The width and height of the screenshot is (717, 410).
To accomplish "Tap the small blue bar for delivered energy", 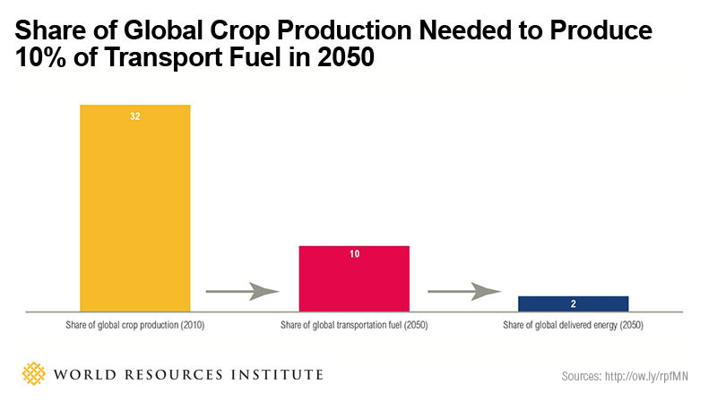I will pos(573,303).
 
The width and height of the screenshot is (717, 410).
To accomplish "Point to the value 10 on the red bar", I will pos(354,255).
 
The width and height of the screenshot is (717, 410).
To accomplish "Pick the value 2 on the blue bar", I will pos(573,303).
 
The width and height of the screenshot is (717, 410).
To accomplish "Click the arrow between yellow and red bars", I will pos(243,291).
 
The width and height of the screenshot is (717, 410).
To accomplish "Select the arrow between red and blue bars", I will pos(463,291).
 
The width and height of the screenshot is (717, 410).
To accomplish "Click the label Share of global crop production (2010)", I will pos(135,324).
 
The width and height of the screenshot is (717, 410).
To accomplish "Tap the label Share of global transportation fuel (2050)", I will pos(354,324).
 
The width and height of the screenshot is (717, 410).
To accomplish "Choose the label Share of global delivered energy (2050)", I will pos(573,324).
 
